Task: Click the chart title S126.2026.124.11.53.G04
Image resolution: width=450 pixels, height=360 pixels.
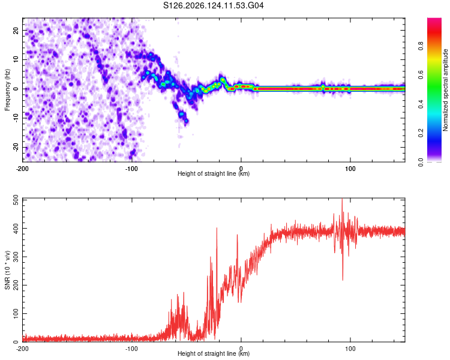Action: tap(213, 5)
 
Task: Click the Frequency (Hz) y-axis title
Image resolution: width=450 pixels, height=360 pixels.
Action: tap(7, 90)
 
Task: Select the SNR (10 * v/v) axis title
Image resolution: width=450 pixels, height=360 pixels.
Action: tap(7, 270)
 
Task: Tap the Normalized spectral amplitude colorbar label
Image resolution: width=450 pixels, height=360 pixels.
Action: tap(445, 90)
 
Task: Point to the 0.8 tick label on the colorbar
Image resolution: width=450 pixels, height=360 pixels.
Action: tap(421, 46)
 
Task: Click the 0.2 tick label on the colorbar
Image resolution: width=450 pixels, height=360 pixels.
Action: tap(421, 133)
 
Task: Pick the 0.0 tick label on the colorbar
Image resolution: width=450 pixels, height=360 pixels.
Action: tap(421, 162)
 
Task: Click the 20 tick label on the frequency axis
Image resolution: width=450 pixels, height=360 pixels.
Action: tap(16, 31)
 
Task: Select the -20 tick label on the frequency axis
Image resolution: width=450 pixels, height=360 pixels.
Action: tap(16, 147)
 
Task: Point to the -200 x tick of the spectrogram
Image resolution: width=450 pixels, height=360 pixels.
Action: tap(22, 169)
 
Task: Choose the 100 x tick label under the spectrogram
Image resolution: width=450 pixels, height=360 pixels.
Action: tap(350, 169)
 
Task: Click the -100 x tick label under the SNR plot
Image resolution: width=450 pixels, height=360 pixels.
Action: tap(131, 349)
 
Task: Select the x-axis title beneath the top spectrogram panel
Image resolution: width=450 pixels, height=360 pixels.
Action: tap(214, 173)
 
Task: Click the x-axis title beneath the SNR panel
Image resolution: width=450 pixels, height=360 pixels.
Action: tap(214, 353)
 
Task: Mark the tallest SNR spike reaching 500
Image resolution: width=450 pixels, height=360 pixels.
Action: tap(342, 199)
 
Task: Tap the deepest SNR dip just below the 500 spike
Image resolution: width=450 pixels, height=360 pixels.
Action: tap(343, 280)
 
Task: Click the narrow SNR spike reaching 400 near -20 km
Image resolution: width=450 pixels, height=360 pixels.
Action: tap(217, 228)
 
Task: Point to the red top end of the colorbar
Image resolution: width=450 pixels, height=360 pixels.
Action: tap(434, 19)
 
